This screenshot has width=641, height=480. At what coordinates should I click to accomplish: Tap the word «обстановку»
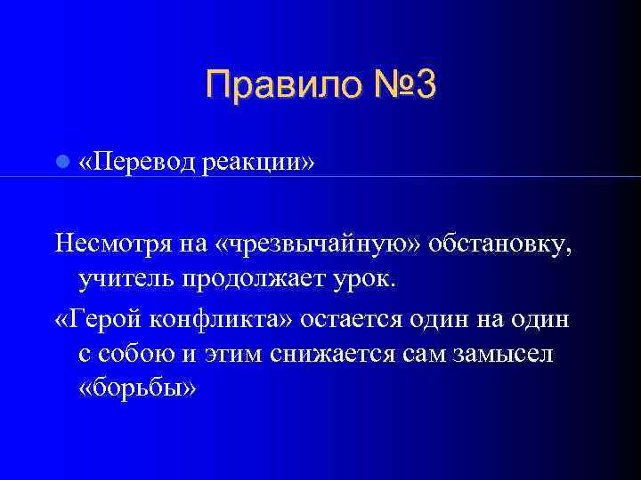[x=499, y=244]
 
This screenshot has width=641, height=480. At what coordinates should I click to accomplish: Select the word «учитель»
[x=127, y=281]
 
